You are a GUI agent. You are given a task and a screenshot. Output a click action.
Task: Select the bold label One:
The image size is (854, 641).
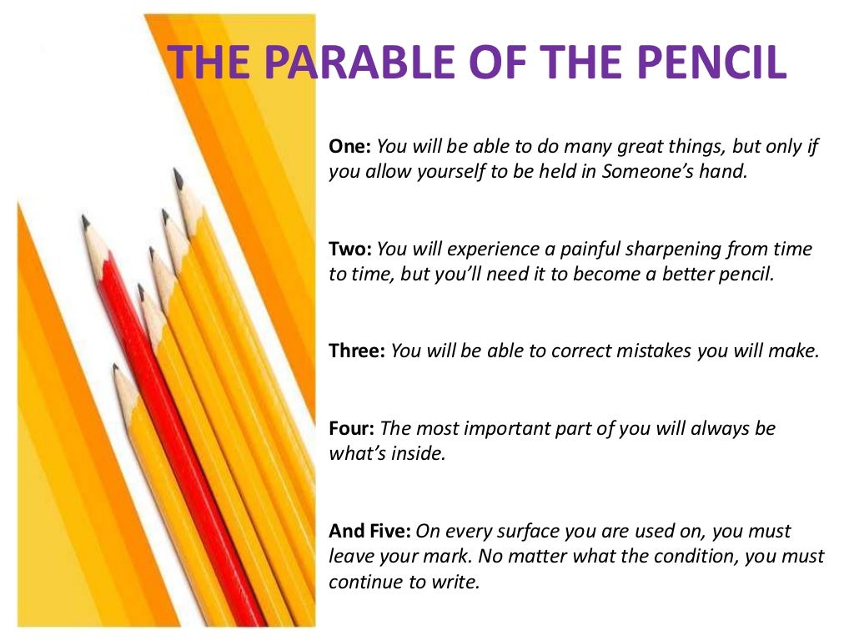(x=350, y=147)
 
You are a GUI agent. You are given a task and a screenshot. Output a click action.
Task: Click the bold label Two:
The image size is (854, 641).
(x=350, y=249)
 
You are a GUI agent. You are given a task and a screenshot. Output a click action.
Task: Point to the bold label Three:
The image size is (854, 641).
(x=357, y=351)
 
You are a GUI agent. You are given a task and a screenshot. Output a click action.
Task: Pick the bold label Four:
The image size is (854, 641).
(x=352, y=429)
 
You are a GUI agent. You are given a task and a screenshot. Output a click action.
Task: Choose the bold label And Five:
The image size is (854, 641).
(x=370, y=532)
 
